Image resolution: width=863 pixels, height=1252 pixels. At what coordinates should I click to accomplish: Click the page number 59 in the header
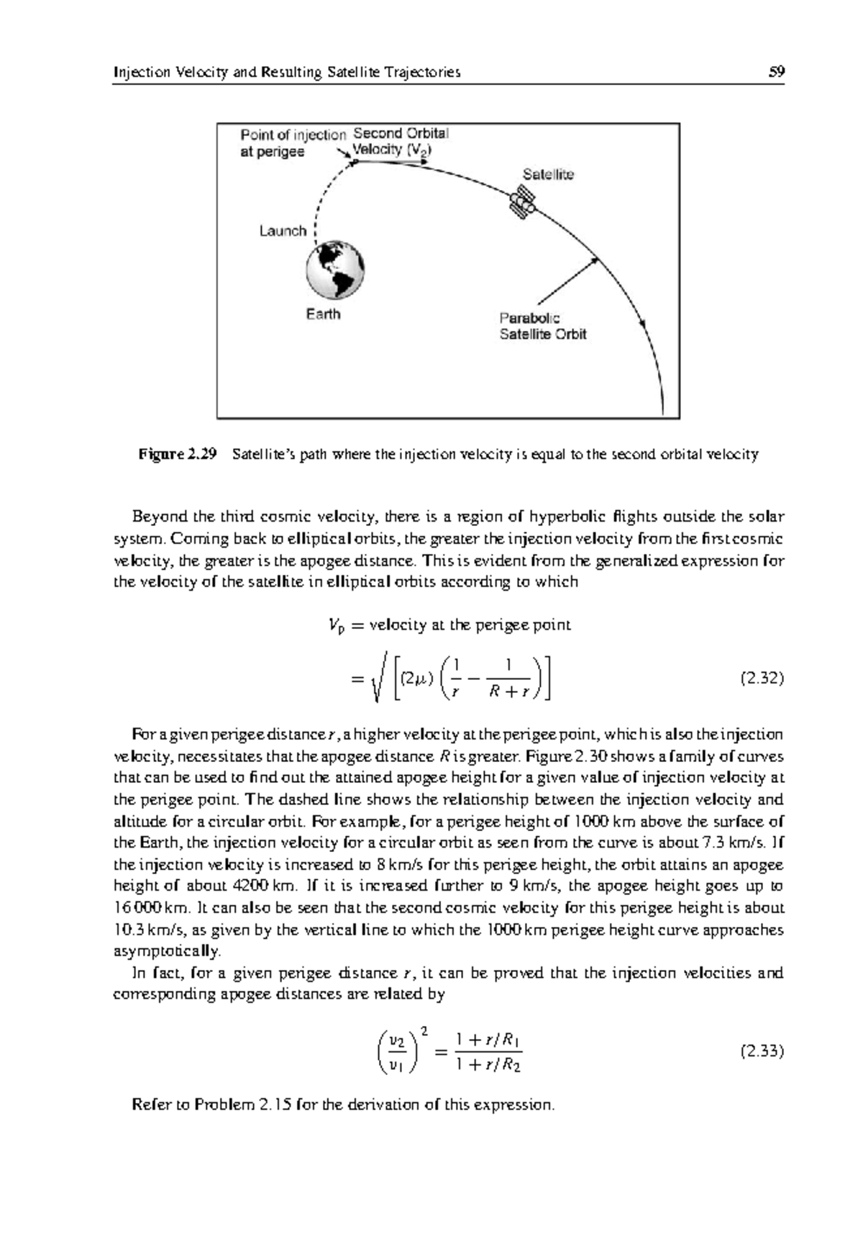pos(776,72)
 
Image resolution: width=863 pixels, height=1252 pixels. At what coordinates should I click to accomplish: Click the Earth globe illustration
pos(335,270)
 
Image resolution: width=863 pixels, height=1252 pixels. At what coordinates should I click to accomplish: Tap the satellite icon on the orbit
pos(521,202)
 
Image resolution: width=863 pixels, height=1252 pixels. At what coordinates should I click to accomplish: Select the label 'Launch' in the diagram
pos(283,231)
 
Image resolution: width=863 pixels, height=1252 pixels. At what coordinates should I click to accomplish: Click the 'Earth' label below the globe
pos(323,314)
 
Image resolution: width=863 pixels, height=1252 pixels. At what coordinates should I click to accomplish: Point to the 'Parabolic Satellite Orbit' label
pos(543,326)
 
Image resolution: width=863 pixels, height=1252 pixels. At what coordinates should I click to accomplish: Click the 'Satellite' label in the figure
pos(548,174)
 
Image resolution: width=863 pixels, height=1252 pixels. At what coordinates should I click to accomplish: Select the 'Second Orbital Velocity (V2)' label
pos(400,142)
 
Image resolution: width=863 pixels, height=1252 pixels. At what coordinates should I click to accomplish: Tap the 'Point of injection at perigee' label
pos(292,142)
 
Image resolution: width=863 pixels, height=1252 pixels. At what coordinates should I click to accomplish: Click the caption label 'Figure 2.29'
pos(178,455)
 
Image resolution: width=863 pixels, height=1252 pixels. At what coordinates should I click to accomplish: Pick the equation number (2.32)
pos(762,679)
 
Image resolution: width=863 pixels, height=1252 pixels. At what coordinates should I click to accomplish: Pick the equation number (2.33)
pos(762,1051)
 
